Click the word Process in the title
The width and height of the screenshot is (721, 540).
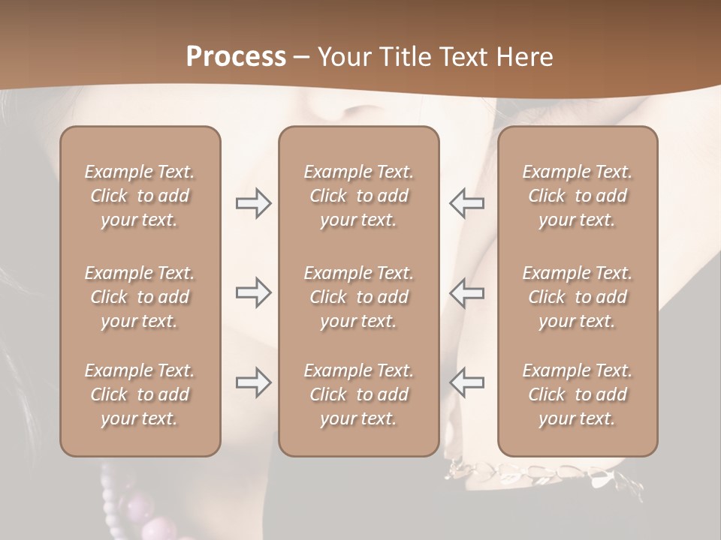[236, 57]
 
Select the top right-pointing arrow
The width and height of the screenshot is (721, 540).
[254, 203]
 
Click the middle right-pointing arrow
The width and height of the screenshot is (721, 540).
[254, 292]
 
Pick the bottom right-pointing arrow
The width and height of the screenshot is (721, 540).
[254, 382]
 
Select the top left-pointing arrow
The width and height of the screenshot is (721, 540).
[466, 203]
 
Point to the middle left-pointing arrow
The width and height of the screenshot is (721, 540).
[466, 292]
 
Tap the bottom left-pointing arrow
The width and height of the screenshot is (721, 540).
[466, 382]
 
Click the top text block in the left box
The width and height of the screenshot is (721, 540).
[140, 196]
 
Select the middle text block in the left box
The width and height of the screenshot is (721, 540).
[140, 297]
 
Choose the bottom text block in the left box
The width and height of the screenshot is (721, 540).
[140, 394]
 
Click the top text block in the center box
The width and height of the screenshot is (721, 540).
[358, 196]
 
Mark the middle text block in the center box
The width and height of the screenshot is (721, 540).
[358, 297]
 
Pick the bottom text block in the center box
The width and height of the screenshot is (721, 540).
[358, 394]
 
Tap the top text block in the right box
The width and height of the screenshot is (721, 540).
[577, 196]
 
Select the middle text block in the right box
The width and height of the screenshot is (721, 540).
[577, 297]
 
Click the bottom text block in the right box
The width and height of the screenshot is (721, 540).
[577, 394]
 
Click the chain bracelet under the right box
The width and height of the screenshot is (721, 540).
[541, 473]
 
